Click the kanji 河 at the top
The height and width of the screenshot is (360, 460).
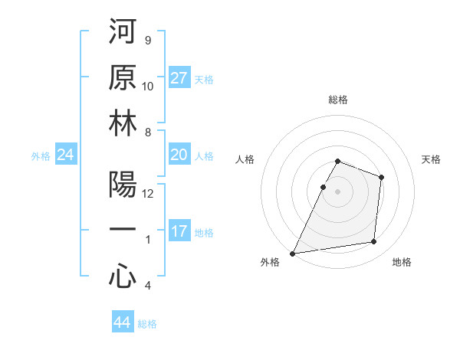pyautogui.click(x=123, y=33)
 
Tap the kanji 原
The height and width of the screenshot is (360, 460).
pyautogui.click(x=123, y=80)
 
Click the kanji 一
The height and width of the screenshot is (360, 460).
pyautogui.click(x=123, y=232)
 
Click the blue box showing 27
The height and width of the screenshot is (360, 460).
pyautogui.click(x=179, y=78)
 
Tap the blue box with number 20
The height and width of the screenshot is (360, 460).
pyautogui.click(x=179, y=155)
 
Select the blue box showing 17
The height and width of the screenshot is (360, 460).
pyautogui.click(x=179, y=231)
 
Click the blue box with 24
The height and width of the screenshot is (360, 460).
pyautogui.click(x=66, y=155)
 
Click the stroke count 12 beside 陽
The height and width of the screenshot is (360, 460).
pyautogui.click(x=148, y=194)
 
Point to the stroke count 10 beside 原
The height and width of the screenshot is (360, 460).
pyautogui.click(x=148, y=86)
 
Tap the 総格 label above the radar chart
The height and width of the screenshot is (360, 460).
pyautogui.click(x=338, y=100)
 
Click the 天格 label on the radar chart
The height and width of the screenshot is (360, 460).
pyautogui.click(x=432, y=159)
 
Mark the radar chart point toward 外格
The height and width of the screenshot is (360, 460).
pyautogui.click(x=292, y=254)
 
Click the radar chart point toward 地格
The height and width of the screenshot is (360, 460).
pyautogui.click(x=374, y=242)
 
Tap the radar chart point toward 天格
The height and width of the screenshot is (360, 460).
pyautogui.click(x=381, y=177)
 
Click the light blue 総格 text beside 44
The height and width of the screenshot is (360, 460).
pyautogui.click(x=147, y=324)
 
